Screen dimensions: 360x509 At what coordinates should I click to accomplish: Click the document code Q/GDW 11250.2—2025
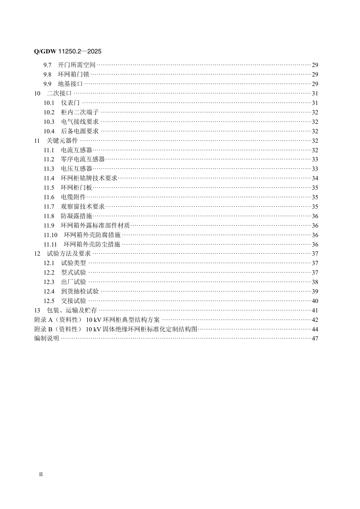tap(68, 52)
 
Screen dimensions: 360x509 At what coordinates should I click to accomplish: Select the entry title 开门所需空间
tap(77, 65)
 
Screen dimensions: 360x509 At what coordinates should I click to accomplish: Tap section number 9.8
tap(47, 75)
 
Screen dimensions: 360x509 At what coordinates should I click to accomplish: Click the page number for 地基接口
tap(315, 84)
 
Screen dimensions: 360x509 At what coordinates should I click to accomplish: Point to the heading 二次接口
tap(59, 94)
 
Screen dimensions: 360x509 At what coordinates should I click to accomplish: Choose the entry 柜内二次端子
tap(80, 112)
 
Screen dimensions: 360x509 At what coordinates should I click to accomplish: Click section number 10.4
tap(49, 131)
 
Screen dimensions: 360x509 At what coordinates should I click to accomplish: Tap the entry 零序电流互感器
tap(83, 159)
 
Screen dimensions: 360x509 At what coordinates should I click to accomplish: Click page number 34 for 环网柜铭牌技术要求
tap(315, 178)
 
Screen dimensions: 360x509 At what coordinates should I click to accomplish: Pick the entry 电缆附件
tap(73, 197)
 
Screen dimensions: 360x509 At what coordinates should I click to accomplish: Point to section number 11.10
tap(50, 235)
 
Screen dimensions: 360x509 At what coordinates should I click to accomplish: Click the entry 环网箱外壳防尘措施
tap(92, 245)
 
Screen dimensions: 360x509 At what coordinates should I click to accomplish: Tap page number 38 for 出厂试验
tap(315, 282)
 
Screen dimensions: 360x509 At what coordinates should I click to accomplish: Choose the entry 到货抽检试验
tap(80, 292)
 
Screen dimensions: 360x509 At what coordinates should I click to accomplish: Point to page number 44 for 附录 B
tap(315, 329)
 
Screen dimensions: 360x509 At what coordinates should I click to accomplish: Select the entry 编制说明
tap(47, 339)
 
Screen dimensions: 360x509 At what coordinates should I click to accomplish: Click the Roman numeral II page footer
tap(41, 474)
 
